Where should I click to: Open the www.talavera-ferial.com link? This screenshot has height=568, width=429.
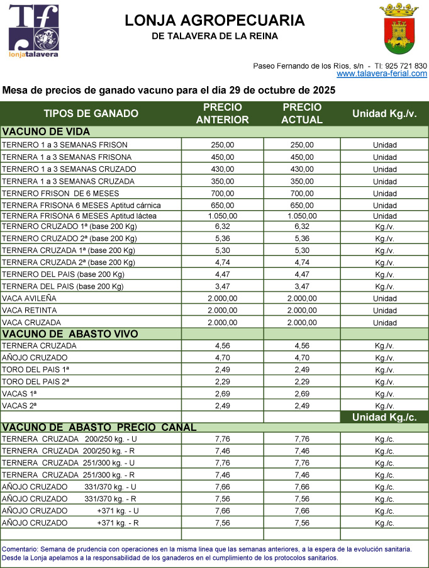point(381,74)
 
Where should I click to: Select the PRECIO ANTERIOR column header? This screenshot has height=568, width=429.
point(223,113)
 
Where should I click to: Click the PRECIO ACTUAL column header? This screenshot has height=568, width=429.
point(302,113)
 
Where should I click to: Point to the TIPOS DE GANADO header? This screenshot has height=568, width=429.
point(91,114)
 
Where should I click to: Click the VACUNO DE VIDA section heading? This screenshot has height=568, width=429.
point(47,132)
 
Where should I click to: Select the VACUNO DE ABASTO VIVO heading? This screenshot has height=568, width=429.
point(70,334)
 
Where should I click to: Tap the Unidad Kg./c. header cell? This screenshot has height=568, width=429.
point(384,417)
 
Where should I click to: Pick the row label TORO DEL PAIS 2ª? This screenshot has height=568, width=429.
point(36,382)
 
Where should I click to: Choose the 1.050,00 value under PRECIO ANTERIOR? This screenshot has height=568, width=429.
point(223,216)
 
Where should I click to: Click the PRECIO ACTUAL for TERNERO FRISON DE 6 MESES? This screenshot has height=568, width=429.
point(302,194)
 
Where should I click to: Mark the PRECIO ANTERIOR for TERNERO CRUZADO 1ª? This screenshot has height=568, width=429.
point(223,226)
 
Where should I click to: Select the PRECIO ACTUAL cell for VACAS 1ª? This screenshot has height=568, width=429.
point(302,394)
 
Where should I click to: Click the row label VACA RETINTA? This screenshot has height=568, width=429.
point(30,311)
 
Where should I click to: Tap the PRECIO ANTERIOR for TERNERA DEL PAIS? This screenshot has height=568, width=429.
point(223,287)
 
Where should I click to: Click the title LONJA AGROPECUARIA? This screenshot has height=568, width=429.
point(214,21)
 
